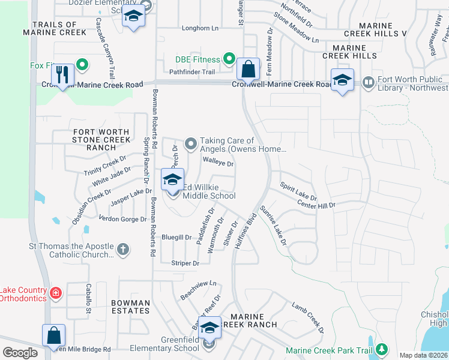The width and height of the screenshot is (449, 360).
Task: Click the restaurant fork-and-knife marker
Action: (x=62, y=75)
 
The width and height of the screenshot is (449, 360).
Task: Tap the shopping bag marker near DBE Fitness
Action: (x=247, y=69)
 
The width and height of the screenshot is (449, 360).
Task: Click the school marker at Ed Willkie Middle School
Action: (x=172, y=179)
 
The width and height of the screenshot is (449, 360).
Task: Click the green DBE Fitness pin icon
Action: (x=229, y=59)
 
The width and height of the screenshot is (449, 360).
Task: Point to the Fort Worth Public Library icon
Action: (x=368, y=81)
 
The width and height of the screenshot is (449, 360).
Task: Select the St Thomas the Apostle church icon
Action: (x=122, y=249)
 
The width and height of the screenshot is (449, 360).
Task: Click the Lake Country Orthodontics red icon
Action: (x=55, y=293)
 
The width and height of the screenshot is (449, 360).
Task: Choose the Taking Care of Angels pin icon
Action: (x=191, y=143)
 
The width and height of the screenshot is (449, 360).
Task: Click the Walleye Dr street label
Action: (x=218, y=162)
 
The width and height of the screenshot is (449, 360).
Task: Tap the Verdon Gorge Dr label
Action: (x=122, y=219)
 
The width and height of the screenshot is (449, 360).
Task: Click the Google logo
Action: (x=20, y=352)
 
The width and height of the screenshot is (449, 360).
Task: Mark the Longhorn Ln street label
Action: (x=200, y=28)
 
